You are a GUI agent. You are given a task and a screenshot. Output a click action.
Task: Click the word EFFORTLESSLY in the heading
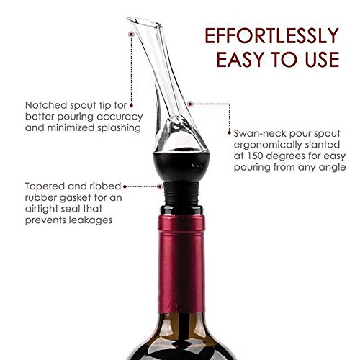pos(271,35)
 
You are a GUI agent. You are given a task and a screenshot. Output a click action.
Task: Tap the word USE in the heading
pos(323,59)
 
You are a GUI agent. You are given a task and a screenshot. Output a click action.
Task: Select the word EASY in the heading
pos(241,59)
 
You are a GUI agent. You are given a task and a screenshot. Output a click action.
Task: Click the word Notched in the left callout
pos(46,105)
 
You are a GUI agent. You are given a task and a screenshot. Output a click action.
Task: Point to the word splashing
pos(119,128)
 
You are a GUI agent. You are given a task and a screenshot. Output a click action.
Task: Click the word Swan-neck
pos(260,133)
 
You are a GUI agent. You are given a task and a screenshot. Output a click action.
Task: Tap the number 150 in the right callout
pos(256,156)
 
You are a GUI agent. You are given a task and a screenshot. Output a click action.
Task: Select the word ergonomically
pos(268,145)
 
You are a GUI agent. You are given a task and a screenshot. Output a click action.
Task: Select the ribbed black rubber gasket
pos(181,194)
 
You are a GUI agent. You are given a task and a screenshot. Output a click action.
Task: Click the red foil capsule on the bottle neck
pos(181,264)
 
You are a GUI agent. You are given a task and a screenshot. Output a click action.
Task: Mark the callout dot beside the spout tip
pos(131,35)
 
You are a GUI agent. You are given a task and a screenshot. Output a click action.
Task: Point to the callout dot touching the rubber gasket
pos(160,186)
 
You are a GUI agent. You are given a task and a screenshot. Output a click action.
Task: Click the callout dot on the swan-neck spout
pos(190,104)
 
